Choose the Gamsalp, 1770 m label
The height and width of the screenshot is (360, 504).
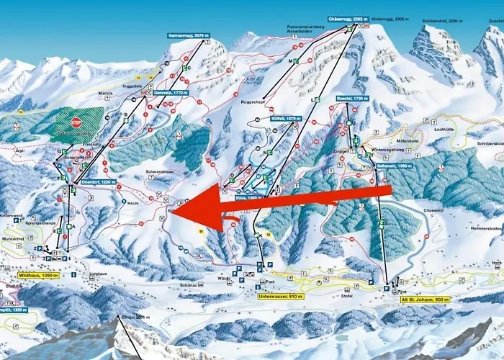[172, 93]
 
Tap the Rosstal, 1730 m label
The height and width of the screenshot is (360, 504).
[351, 98]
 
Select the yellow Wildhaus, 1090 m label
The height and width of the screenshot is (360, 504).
[35, 275]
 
